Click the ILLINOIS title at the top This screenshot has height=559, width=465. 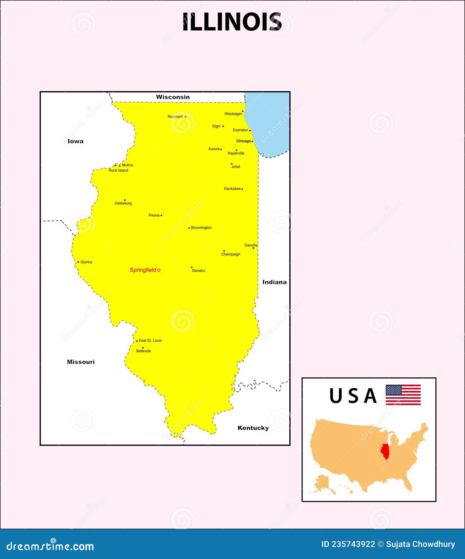pos(232,22)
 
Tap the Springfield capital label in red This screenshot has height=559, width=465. pos(143,270)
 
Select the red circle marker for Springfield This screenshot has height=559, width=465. pos(159,270)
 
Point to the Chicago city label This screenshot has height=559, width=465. pos(243,141)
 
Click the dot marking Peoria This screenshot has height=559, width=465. pos(161,215)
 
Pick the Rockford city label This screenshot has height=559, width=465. pos(175,116)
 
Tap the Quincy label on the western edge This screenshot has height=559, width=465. pos(86,262)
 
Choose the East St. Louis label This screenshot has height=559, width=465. pos(150,340)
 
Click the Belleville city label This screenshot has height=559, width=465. pos(144,351)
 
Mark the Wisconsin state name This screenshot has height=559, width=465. pos(173,97)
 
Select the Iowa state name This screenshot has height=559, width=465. pos(75,141)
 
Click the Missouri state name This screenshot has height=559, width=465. pos(81,362)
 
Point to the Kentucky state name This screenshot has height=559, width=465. pos(253,428)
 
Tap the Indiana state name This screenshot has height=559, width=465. pos(275,282)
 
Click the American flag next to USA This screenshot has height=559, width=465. pos(403,395)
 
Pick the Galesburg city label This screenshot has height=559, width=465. pos(123,203)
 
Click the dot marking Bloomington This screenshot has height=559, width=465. pos(189,228)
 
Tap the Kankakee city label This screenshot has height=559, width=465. pos(232,189)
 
